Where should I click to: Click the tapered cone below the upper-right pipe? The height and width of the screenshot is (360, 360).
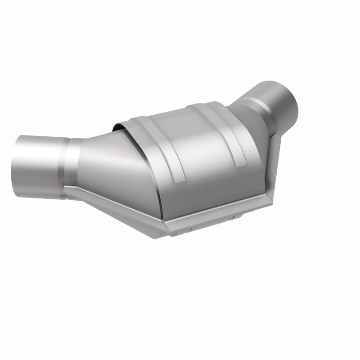[x=252, y=117]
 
